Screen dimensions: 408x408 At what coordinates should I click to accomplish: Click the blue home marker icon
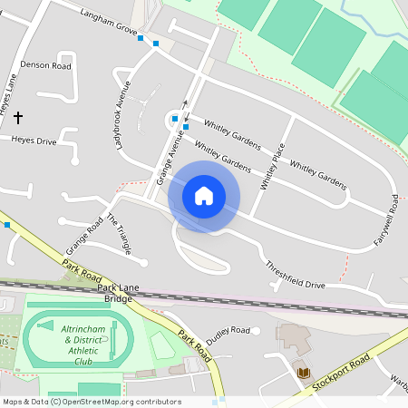pos(204,195)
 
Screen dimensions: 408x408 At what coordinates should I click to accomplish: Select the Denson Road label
pos(45,66)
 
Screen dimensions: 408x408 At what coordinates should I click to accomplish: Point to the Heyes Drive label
pos(34,141)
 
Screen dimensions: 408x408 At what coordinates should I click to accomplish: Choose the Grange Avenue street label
pos(170,157)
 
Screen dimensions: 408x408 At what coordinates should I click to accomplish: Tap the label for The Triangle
pos(119,234)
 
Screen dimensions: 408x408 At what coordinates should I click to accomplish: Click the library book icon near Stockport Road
pos(302,371)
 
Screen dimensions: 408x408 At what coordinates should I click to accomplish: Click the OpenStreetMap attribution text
pos(91,402)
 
